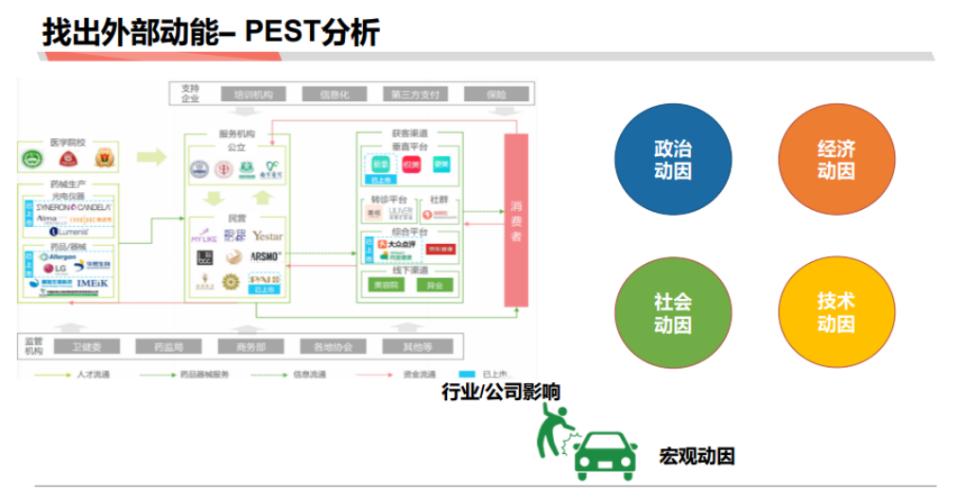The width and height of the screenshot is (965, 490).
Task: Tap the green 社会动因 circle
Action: coord(672,312)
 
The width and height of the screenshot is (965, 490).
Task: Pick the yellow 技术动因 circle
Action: coord(836,312)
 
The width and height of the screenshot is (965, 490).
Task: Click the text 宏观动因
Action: coord(697,456)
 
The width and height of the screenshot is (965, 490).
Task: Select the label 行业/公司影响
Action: coord(501,391)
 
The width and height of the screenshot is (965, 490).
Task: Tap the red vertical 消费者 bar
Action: coord(516,220)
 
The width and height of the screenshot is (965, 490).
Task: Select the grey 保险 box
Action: coord(496,95)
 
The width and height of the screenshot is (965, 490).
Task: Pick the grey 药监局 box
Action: coord(170,347)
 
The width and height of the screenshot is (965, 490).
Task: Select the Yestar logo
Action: coord(267,236)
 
